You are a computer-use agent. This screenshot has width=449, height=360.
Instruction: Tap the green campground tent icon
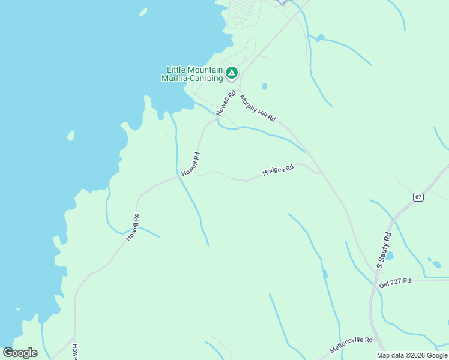(232, 73)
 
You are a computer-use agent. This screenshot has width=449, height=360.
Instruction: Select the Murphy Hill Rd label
(258, 108)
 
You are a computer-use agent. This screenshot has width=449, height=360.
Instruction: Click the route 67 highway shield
(418, 197)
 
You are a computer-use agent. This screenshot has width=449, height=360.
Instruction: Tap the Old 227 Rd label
(394, 281)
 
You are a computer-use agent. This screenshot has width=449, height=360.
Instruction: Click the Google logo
(20, 353)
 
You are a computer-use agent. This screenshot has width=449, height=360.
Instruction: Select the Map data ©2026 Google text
(412, 355)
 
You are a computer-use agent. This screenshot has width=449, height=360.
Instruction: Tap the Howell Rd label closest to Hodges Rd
(191, 163)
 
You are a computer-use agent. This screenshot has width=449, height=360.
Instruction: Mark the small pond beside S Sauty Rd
(390, 256)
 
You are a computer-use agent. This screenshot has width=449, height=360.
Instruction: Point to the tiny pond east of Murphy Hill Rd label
(264, 86)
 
